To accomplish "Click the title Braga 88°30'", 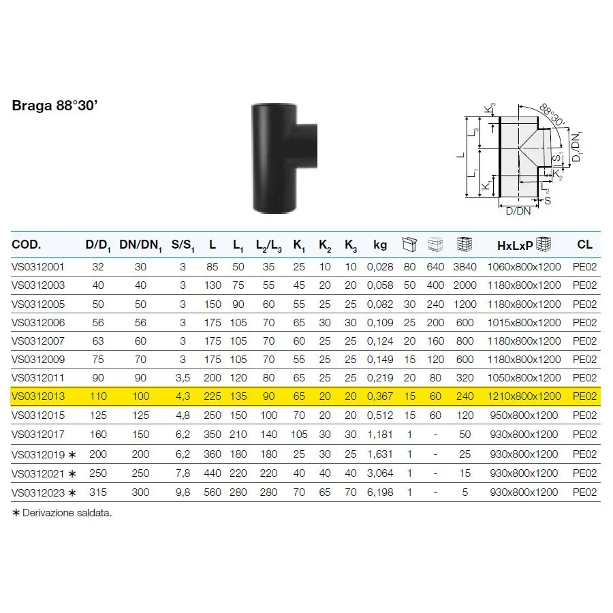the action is (x=54, y=106).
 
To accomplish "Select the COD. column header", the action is (x=27, y=245).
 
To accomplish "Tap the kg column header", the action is (x=380, y=245).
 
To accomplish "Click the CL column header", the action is (x=584, y=245).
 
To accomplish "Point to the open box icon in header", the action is (x=409, y=244).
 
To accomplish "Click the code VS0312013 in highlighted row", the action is (x=38, y=396).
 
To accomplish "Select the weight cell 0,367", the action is (x=380, y=396).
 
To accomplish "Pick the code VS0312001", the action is (x=38, y=267).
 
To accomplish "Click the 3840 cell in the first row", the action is (x=465, y=267).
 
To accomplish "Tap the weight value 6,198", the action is (x=380, y=492).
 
